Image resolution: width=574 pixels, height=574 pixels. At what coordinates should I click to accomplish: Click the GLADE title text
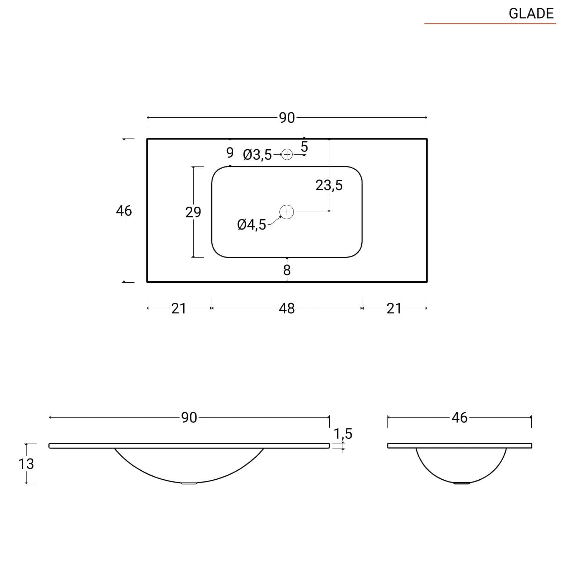coord(531,14)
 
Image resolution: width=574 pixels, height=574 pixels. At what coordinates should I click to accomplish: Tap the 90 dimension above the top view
coord(287,118)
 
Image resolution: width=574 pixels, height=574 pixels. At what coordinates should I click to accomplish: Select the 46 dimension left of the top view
coord(124,211)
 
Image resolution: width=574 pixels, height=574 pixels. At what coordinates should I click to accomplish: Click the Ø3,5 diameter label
coord(257,155)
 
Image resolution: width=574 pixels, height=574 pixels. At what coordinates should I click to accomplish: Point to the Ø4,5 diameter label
coord(251,225)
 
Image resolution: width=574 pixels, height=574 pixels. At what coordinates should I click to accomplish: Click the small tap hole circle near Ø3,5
coord(287,155)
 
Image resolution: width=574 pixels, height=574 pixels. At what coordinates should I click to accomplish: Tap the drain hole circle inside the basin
coord(287,212)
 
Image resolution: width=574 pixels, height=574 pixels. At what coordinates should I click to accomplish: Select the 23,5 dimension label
coord(329,185)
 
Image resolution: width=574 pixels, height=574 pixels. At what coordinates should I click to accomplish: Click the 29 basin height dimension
coord(193,212)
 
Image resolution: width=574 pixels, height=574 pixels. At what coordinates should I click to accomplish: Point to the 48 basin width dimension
coord(287,308)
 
